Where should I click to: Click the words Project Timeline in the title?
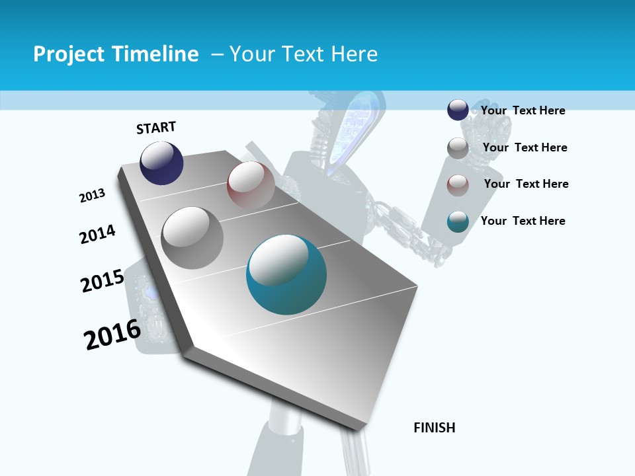tap(116, 54)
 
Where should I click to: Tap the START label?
tap(156, 128)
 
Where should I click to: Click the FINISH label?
tap(435, 428)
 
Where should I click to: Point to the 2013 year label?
tap(92, 196)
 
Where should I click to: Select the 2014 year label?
tap(97, 234)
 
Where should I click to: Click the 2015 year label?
tap(102, 280)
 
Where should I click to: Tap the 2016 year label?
tap(112, 334)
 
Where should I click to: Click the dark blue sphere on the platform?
tap(161, 163)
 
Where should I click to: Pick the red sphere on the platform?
tap(251, 184)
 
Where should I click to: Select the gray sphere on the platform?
tap(192, 237)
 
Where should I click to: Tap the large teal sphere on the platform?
tap(286, 274)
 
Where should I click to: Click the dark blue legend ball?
tap(458, 110)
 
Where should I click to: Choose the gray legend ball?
tap(458, 148)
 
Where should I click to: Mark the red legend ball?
tap(458, 185)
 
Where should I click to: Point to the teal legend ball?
tap(458, 221)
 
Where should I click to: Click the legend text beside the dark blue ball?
tap(523, 110)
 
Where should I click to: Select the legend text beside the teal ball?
tap(523, 221)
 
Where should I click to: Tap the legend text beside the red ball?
tap(526, 184)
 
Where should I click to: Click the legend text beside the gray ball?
tap(525, 147)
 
